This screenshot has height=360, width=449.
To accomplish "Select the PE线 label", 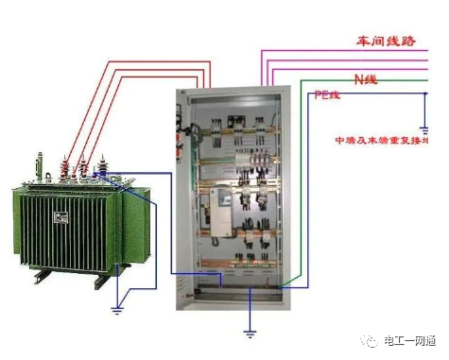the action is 328,96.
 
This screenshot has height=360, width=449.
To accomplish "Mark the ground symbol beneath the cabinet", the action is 249,330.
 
